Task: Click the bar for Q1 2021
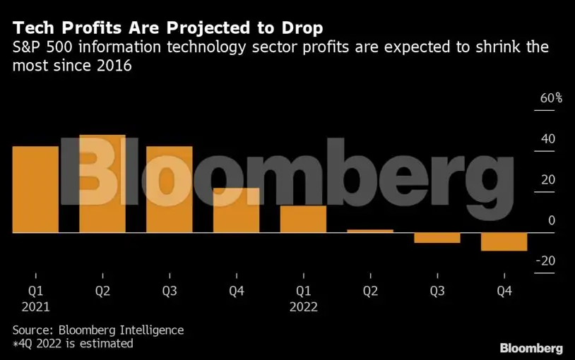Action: (x=35, y=189)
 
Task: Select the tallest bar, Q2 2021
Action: (x=102, y=184)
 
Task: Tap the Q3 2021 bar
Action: (x=169, y=189)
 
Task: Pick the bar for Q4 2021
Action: (x=236, y=210)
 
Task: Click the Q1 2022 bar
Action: (x=303, y=219)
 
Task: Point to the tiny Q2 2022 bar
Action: (x=370, y=231)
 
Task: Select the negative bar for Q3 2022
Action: (x=437, y=238)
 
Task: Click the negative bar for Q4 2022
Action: (x=504, y=241)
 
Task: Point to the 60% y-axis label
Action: (x=551, y=98)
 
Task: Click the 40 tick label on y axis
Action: (x=548, y=139)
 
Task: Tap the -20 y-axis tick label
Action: (x=545, y=261)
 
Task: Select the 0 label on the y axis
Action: (x=552, y=220)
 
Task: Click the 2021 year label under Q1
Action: (x=35, y=307)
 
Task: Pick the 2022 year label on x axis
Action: (x=303, y=307)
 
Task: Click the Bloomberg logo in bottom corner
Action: (x=531, y=348)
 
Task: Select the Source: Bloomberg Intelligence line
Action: (x=97, y=330)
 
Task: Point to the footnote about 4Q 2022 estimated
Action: (x=72, y=344)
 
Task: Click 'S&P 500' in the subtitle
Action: (x=36, y=49)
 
